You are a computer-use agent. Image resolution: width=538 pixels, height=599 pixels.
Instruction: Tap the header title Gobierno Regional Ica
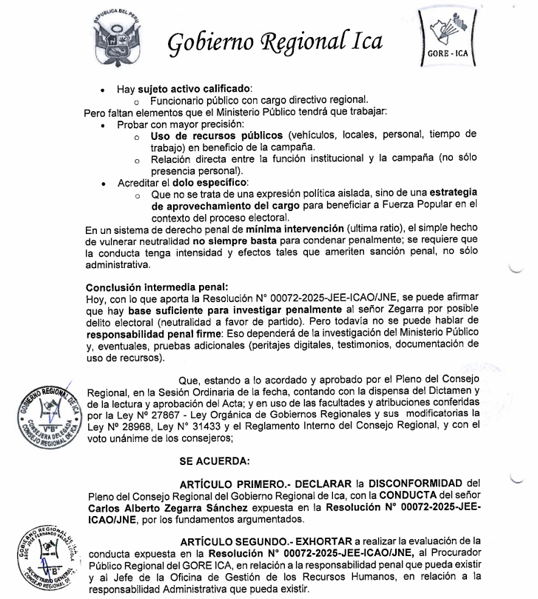275,42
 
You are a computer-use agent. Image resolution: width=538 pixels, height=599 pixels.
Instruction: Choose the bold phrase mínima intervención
277,230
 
